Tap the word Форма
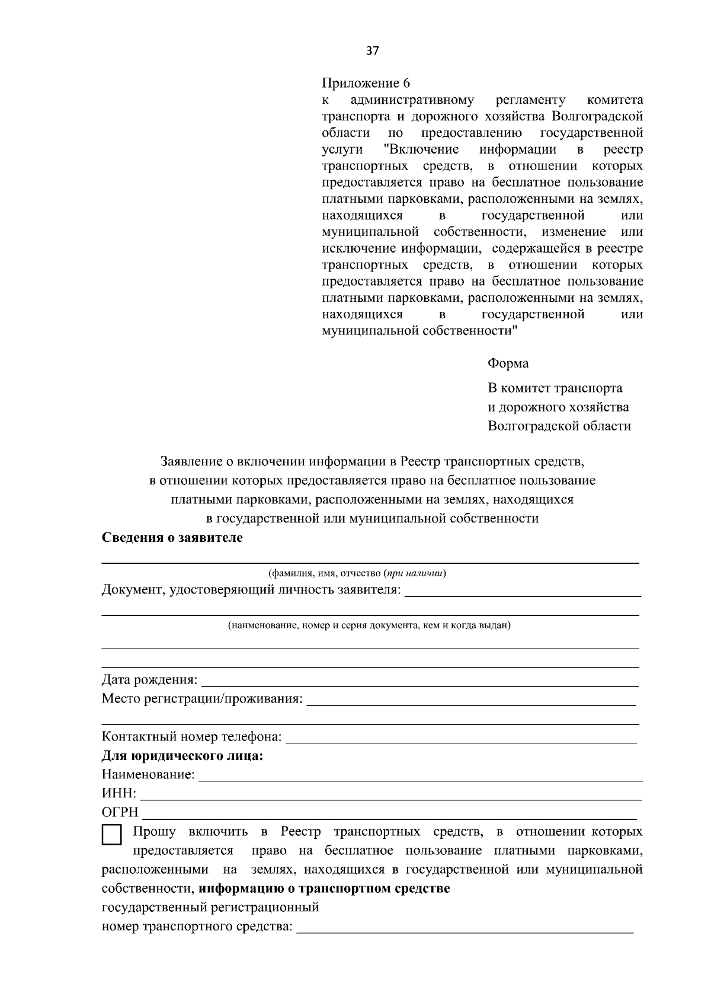tap(508, 363)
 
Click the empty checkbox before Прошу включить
tap(112, 835)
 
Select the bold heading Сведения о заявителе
tap(172, 538)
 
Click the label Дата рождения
tap(149, 679)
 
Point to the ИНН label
tap(118, 793)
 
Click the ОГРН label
tap(120, 812)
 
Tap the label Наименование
tap(148, 774)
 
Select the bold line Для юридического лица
tap(182, 756)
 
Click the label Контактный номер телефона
tap(191, 737)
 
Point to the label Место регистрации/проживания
tap(202, 699)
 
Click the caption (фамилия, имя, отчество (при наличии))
tap(357, 573)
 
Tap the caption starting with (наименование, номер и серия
tap(369, 625)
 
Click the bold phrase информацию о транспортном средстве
tap(324, 889)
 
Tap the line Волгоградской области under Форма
tap(559, 426)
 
